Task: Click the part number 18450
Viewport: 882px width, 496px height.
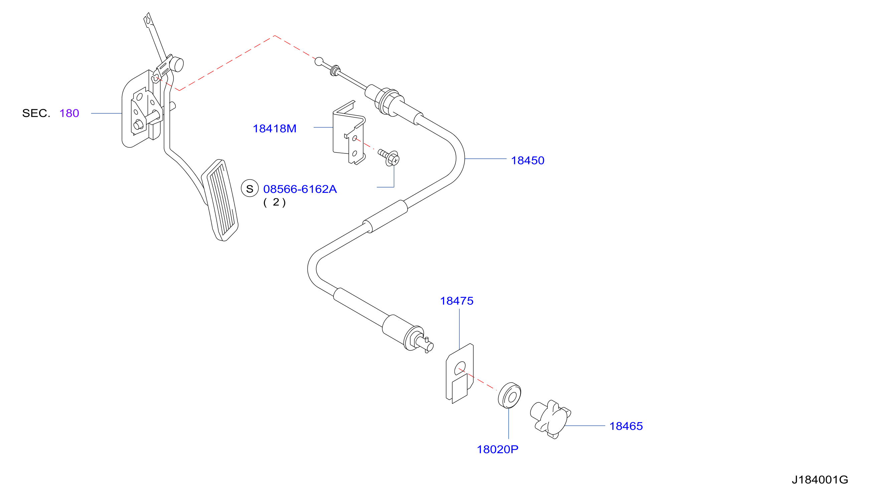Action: click(527, 160)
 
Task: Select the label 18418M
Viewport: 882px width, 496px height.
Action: click(274, 128)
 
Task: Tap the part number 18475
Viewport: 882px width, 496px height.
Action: click(456, 301)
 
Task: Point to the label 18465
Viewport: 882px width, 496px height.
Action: click(626, 426)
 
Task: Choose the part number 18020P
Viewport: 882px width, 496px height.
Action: click(497, 450)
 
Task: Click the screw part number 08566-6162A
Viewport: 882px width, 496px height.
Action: click(300, 189)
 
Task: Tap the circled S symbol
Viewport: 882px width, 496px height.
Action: click(250, 189)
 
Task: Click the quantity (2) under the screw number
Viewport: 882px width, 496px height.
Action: click(274, 202)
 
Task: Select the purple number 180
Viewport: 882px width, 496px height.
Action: click(69, 113)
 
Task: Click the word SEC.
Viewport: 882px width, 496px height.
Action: click(36, 113)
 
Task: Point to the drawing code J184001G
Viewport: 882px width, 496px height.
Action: click(820, 480)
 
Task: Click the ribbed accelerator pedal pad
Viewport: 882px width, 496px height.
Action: click(220, 201)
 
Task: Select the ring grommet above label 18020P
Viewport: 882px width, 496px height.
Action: click(509, 395)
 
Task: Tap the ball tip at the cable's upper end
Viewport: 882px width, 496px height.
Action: click(319, 61)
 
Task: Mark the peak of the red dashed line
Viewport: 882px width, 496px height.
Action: click(275, 36)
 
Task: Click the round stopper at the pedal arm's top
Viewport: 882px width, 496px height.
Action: click(178, 65)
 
